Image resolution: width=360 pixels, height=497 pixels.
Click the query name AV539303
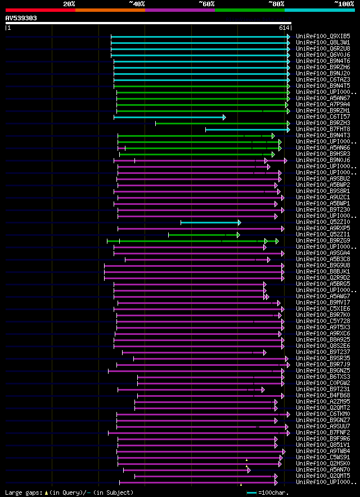pyautogui.click(x=21, y=18)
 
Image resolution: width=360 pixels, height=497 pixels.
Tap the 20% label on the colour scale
pyautogui.click(x=69, y=3)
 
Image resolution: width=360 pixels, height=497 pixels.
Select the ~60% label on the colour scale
pyautogui.click(x=206, y=3)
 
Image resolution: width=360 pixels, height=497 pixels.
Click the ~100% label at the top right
pyautogui.click(x=344, y=3)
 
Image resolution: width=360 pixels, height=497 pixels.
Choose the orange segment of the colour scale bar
pyautogui.click(x=110, y=10)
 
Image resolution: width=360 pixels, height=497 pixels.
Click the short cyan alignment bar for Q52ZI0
pyautogui.click(x=210, y=222)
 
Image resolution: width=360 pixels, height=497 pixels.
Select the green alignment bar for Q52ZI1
pyautogui.click(x=203, y=235)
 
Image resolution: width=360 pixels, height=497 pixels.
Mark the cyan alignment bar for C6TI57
pyautogui.click(x=169, y=117)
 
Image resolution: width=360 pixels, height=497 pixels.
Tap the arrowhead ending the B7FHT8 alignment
pyautogui.click(x=289, y=129)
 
